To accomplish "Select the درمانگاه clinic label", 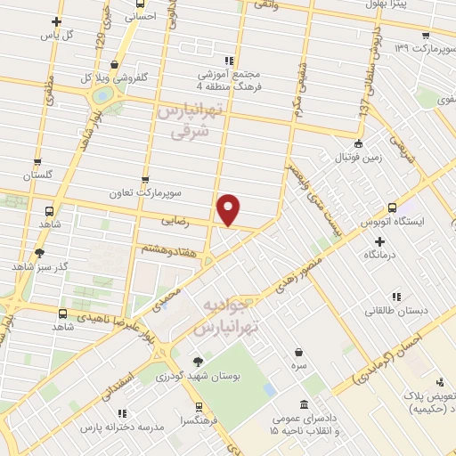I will click(382, 255).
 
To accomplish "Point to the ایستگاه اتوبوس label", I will click(397, 220).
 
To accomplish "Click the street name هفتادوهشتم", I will click(166, 247).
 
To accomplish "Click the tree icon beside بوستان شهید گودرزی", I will click(198, 362).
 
